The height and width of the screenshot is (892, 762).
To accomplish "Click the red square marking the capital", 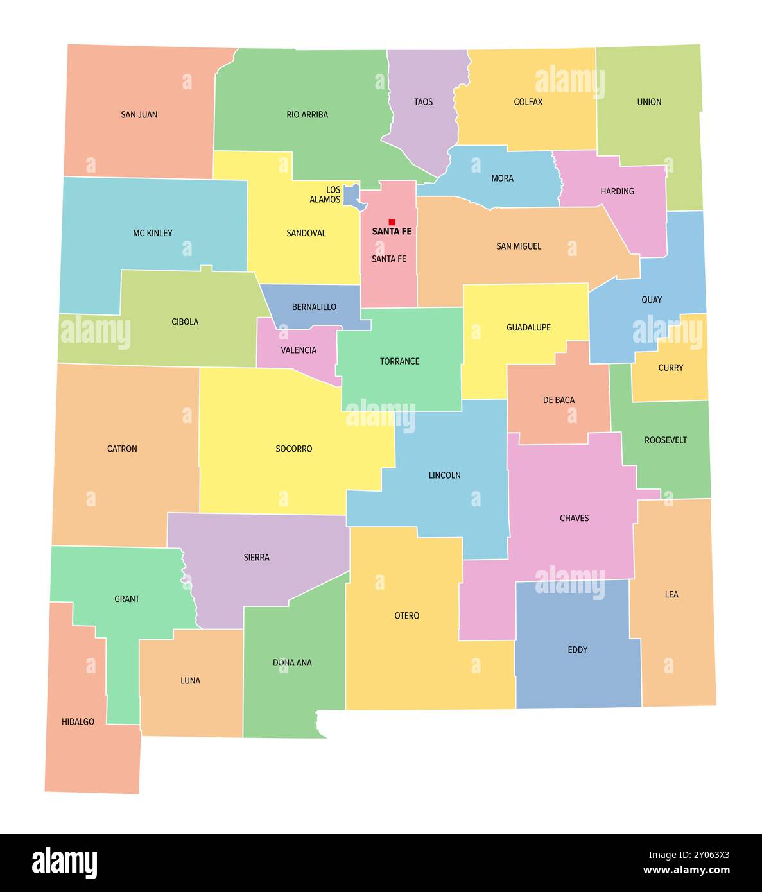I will point(392,222).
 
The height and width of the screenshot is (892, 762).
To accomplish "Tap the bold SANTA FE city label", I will point(392,232).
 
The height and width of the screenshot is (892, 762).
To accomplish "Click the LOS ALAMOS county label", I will point(325,194).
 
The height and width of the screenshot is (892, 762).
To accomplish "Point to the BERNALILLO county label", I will point(314,307).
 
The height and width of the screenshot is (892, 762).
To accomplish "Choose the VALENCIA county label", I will point(299,350).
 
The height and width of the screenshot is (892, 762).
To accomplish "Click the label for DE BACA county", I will point(559,400).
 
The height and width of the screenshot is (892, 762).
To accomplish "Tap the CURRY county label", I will point(671,368).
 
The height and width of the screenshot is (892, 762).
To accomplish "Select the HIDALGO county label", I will point(78,722).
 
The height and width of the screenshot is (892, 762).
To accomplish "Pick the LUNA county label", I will point(190,681).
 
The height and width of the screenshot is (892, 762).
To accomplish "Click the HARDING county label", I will point(617,191).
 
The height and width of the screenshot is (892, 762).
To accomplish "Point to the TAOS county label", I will point(423,102).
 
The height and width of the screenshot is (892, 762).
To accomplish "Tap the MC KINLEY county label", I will point(153,234).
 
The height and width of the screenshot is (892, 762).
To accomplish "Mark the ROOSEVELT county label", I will point(666,440).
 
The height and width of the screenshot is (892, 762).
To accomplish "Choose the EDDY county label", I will point(578,650).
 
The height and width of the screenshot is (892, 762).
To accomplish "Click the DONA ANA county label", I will point(292,663).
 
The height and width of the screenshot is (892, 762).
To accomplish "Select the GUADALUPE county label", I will point(528,328).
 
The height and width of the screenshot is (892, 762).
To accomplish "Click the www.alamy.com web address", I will point(686,871).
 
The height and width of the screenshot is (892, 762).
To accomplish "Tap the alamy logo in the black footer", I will point(64,862).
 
